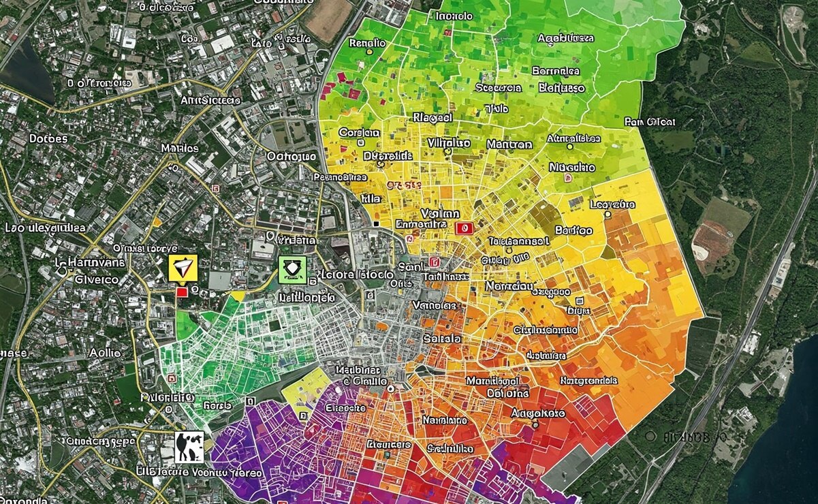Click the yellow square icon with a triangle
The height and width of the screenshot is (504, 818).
coord(183,268)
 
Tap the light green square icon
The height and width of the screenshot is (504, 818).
coord(292,270)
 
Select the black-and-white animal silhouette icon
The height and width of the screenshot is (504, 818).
coord(189,447)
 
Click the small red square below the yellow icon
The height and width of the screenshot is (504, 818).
coord(182,292)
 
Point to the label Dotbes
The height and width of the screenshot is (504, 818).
coord(48,138)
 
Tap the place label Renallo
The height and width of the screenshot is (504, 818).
coord(367,43)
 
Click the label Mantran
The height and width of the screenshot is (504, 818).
coord(509,144)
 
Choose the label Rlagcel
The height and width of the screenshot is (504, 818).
coord(432,117)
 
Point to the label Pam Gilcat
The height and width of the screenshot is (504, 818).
coord(650,122)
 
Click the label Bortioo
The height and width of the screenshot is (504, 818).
coord(574,230)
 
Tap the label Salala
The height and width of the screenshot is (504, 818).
coord(442,338)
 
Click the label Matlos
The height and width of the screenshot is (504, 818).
coord(180,148)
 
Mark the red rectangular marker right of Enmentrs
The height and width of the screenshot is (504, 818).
coord(466,230)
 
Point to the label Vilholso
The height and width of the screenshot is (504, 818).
coord(449,143)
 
